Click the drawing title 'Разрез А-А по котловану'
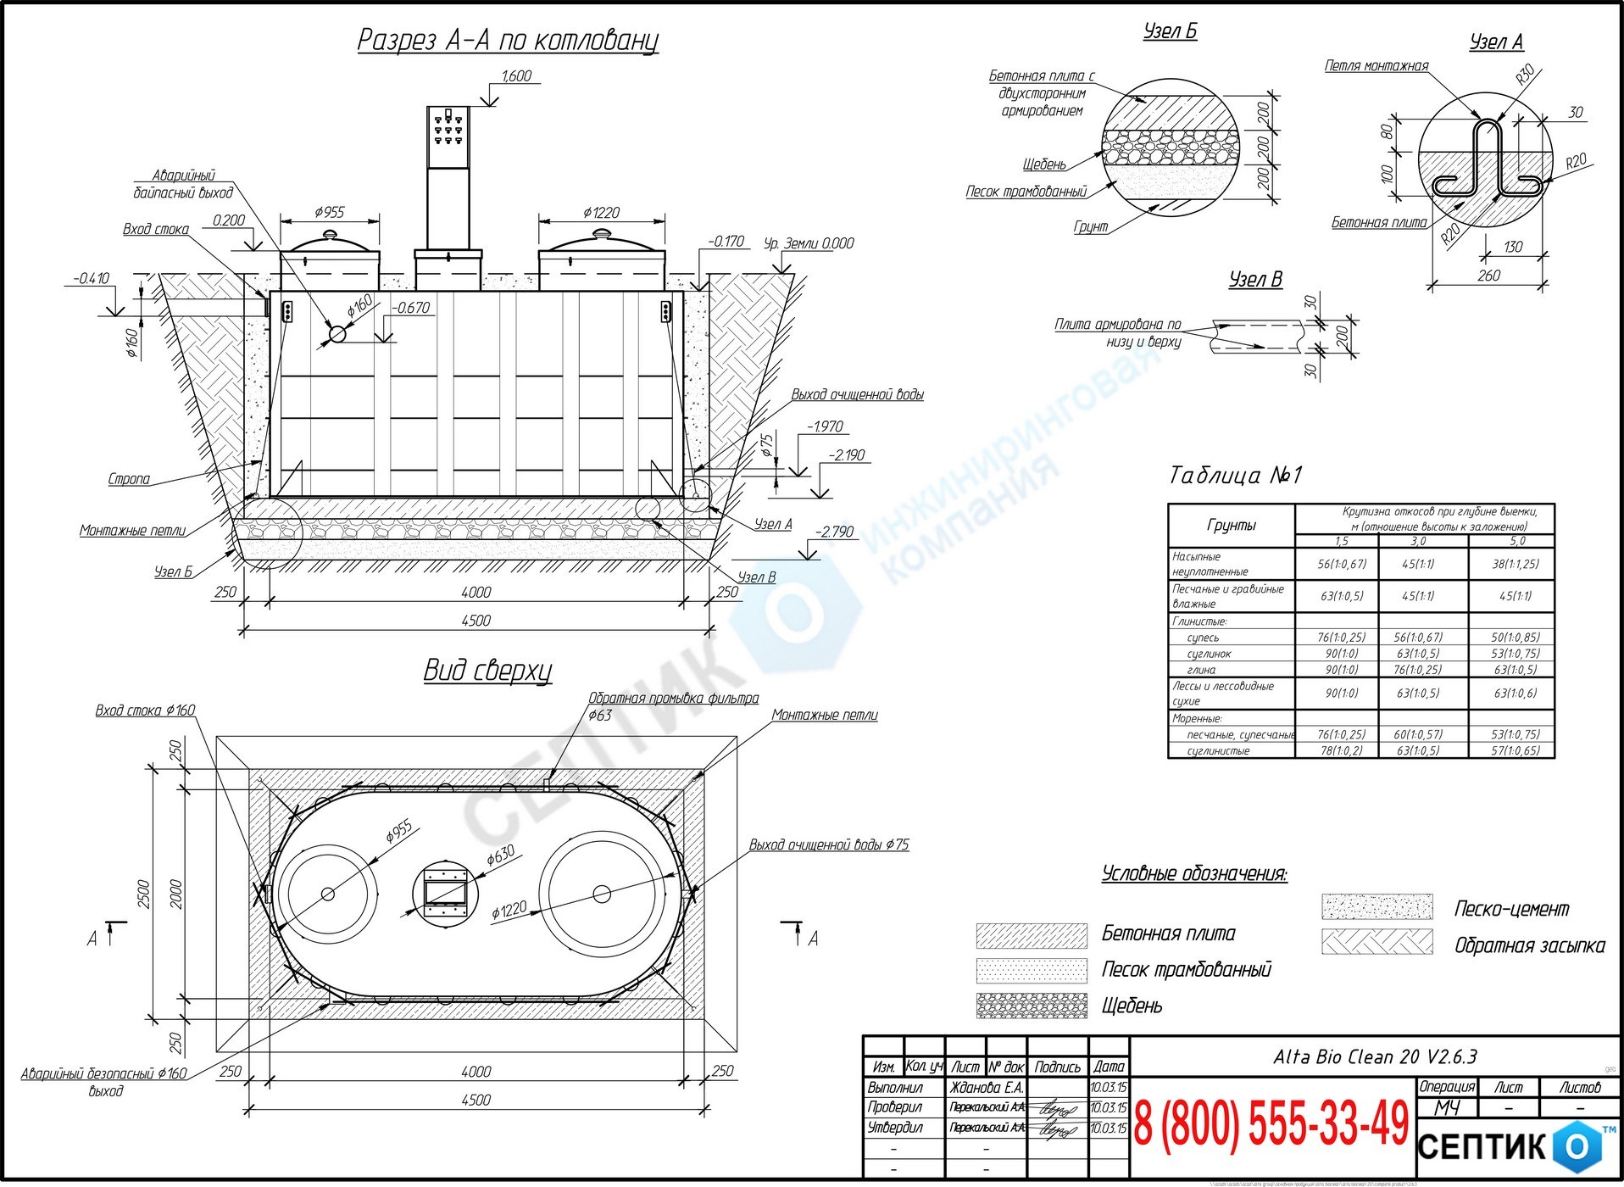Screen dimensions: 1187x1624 [507, 40]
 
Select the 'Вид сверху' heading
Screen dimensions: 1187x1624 [487, 671]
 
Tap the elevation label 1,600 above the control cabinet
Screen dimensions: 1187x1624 [516, 76]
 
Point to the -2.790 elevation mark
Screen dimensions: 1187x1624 [835, 532]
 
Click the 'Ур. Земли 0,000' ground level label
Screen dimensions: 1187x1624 [809, 243]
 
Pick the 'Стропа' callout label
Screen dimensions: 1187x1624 [129, 479]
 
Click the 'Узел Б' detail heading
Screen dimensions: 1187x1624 [1170, 32]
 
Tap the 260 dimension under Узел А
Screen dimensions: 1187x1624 [1488, 276]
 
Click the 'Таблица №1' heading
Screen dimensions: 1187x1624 [1235, 475]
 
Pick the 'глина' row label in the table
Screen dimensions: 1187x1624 [1201, 670]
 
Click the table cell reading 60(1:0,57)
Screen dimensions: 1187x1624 [1418, 734]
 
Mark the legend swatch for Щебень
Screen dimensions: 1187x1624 [1032, 1006]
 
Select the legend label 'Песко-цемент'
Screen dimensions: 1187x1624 [1511, 910]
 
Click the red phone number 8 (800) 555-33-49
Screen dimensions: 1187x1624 [1271, 1125]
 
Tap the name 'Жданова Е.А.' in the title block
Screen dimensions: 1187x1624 [987, 1088]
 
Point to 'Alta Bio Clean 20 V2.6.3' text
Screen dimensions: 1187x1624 [1375, 1057]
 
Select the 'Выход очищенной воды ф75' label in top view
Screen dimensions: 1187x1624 [828, 845]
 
